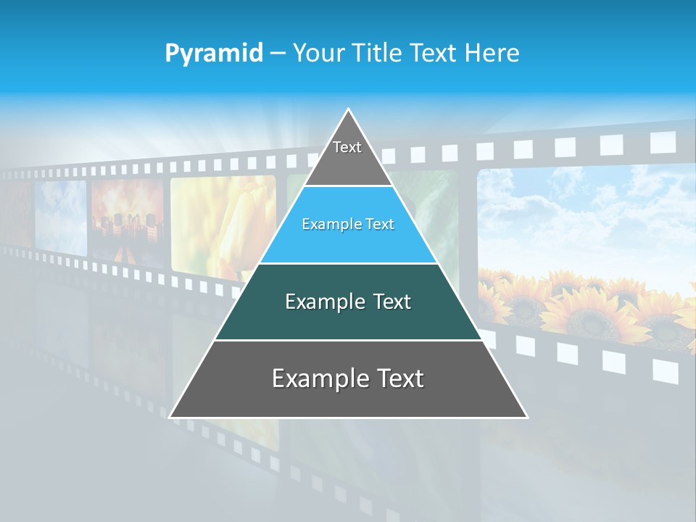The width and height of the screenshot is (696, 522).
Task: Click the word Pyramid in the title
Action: coord(214,54)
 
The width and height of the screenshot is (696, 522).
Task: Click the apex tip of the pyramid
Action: coord(349,110)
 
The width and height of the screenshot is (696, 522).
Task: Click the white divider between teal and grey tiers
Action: coord(348,340)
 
